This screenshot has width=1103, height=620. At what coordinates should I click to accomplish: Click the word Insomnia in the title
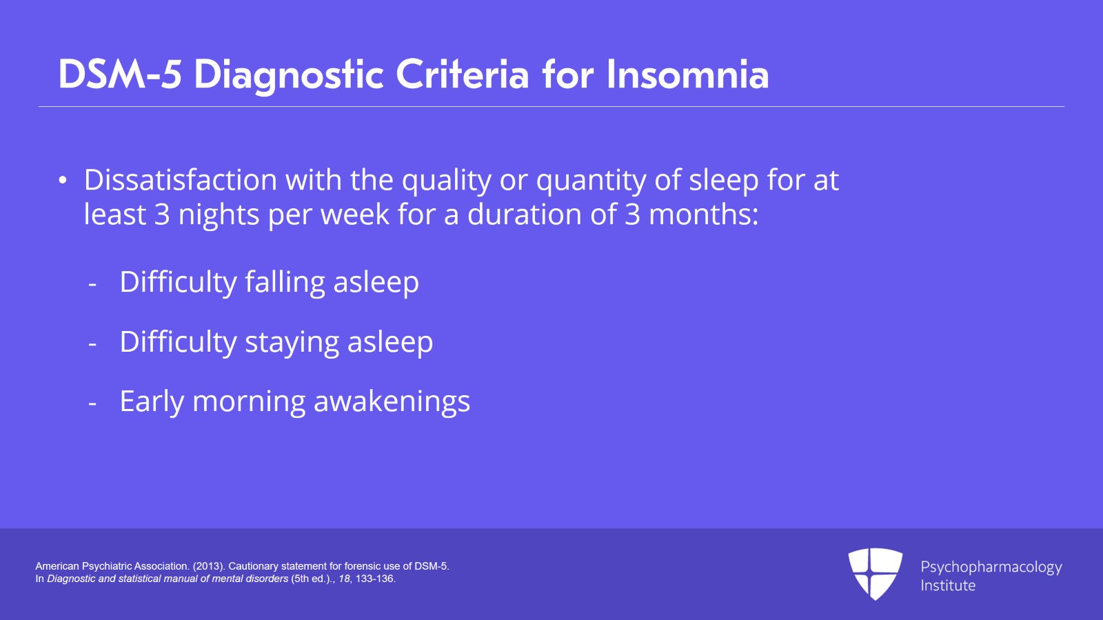tap(688, 75)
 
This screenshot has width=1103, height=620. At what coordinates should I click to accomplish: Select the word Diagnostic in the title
tap(289, 77)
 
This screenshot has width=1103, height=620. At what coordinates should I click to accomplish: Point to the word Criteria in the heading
tap(463, 75)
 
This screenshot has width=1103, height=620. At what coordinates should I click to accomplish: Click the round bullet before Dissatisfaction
tap(62, 180)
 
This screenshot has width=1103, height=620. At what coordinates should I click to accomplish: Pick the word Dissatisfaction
tap(180, 180)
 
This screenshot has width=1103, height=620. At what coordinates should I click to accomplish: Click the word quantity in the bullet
tap(591, 181)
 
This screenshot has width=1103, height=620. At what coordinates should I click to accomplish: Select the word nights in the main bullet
tap(219, 216)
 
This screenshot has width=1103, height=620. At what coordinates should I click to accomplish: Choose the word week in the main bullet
tap(355, 214)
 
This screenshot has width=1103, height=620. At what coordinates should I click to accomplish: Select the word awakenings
tap(392, 402)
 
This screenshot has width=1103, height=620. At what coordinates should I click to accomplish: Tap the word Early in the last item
tap(152, 402)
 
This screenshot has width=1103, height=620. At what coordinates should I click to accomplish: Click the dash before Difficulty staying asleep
tap(92, 344)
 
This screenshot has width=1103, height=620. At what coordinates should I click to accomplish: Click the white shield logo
tap(875, 574)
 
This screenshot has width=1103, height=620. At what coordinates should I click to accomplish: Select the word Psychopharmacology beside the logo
tap(991, 568)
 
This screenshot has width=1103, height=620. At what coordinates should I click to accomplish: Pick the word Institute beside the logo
tap(948, 586)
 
